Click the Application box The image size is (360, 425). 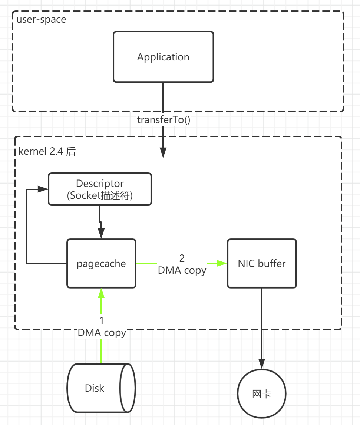coord(163,57)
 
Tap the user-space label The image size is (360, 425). coord(41,19)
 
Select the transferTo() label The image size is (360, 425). coord(163,120)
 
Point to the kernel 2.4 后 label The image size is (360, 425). coord(47,151)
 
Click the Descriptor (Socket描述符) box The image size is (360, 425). coord(100,189)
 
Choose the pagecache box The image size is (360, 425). coord(101,264)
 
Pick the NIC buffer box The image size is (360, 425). coord(262,264)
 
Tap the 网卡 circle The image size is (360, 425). coord(262,394)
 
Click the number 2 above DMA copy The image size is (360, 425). coord(182,258)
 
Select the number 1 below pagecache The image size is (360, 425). coord(102,320)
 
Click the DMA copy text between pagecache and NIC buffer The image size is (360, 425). coord(182,270)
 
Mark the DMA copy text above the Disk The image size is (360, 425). coord(102,333)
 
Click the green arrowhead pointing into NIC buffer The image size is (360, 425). coord(222,263)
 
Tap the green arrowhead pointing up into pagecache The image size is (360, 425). coord(101,293)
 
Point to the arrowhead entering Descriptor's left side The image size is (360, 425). coord(43,189)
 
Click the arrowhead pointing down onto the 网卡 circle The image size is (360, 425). coord(262,364)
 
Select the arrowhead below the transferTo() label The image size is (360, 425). coord(163,152)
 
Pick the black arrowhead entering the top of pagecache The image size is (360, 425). coord(101,234)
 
